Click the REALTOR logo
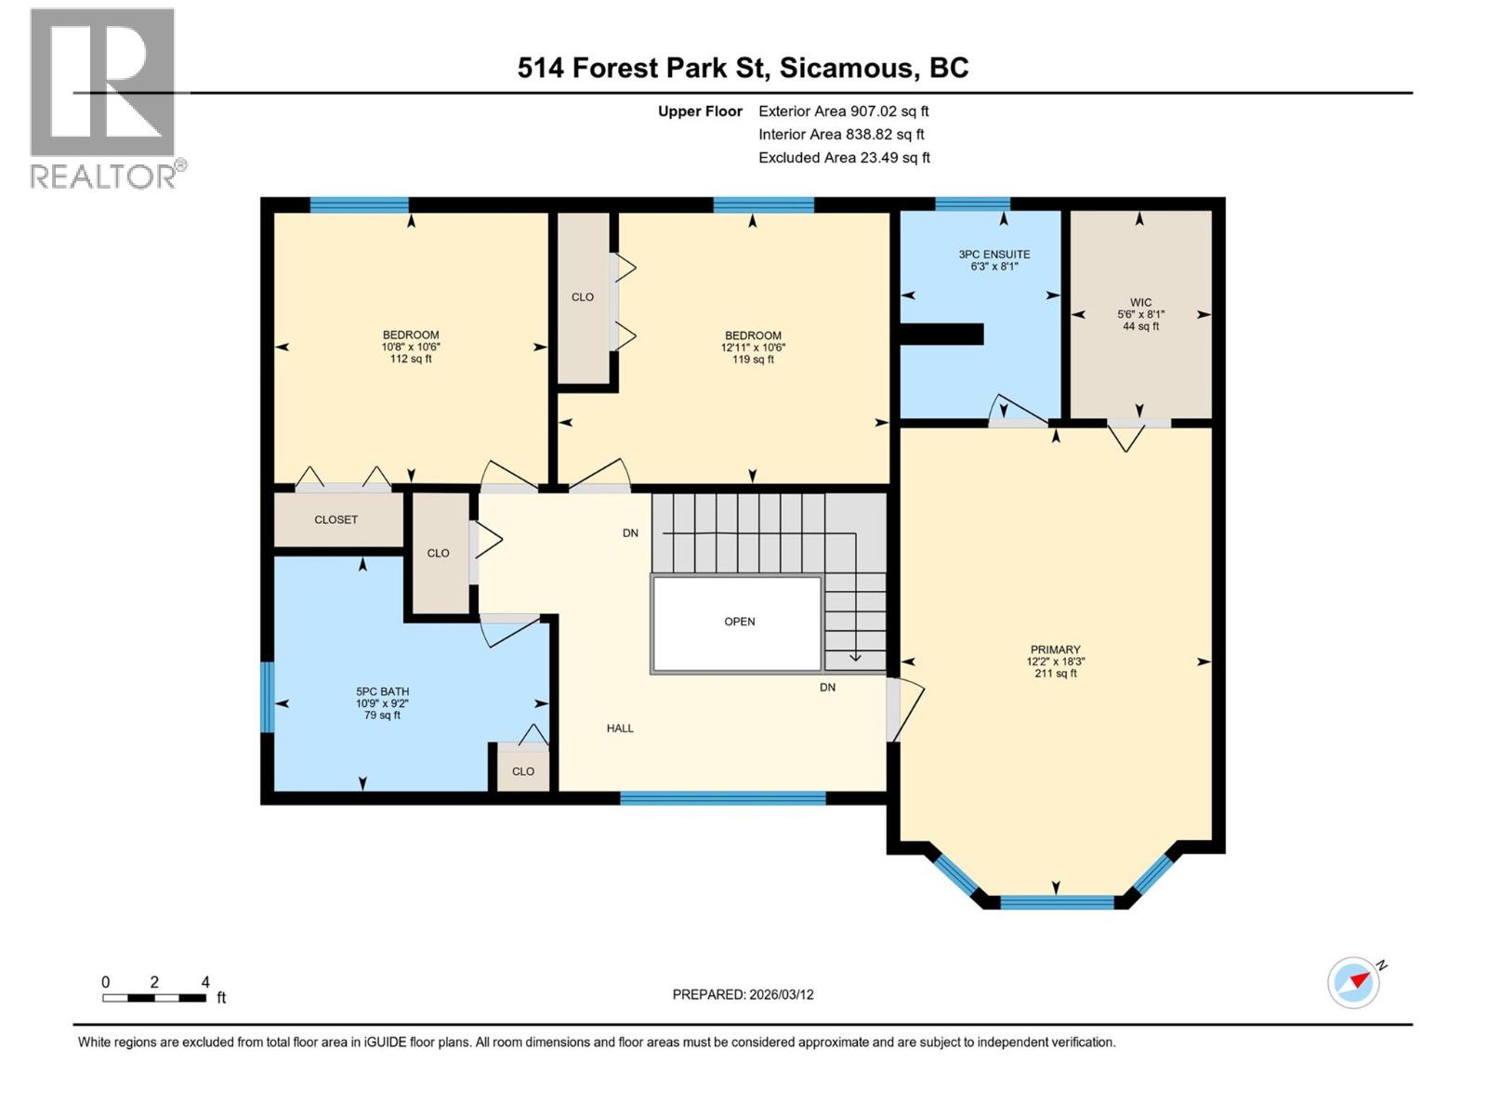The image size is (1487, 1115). [104, 98]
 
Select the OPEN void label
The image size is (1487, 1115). [739, 622]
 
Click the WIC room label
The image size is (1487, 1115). [1140, 314]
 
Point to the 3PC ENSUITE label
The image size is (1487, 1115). [994, 259]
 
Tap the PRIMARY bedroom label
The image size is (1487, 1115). [1055, 661]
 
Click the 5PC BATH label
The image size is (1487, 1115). [382, 702]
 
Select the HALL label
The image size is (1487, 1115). [620, 728]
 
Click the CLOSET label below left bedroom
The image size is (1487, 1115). [336, 519]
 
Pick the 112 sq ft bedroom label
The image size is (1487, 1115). [410, 347]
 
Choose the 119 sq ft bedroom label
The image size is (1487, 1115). [752, 347]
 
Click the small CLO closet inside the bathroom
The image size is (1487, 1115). [522, 771]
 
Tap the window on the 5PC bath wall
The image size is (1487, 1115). [267, 697]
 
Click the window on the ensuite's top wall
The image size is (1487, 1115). [972, 204]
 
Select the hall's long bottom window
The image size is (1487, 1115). [722, 797]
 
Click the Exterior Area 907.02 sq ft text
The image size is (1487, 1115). [843, 111]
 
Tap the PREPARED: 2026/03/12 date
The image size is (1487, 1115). [743, 994]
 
